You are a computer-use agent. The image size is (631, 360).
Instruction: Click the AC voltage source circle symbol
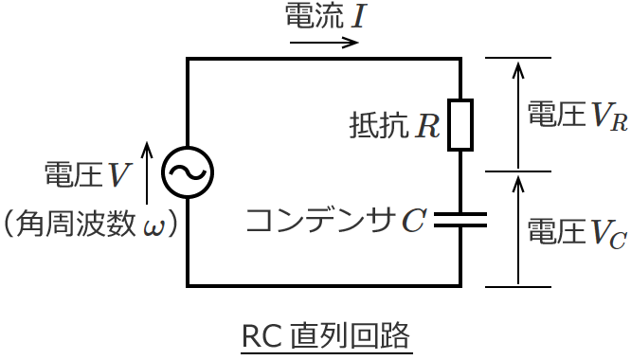(188, 171)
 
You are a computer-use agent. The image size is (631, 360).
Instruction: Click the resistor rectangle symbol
(460, 124)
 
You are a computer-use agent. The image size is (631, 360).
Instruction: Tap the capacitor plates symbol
(460, 220)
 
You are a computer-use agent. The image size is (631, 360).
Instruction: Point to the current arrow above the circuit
(324, 43)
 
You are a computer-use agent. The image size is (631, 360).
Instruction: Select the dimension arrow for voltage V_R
(517, 115)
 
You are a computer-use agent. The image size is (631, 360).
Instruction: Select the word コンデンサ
(320, 221)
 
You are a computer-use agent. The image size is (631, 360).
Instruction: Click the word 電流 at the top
(315, 16)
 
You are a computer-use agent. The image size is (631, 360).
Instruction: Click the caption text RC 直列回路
(327, 336)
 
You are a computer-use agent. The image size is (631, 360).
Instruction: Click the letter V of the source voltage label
(119, 174)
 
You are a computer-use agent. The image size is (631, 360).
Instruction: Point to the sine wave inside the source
(188, 171)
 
